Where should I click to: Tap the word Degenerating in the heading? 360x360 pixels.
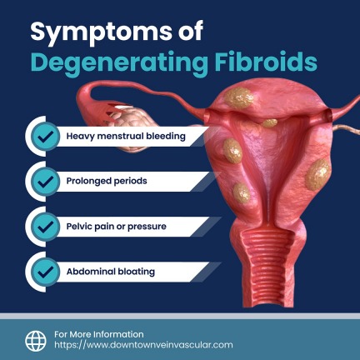click(119, 63)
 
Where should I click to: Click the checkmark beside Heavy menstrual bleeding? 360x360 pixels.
click(45, 137)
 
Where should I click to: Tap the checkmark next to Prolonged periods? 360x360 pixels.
click(45, 182)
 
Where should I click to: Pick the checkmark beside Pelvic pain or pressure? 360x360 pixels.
click(45, 227)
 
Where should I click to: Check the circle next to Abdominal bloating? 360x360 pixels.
click(45, 272)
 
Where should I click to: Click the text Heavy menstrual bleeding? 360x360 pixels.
click(126, 137)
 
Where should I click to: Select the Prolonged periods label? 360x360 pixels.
click(107, 181)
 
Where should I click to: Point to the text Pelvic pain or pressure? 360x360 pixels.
click(117, 227)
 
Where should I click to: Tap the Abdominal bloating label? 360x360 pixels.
click(111, 272)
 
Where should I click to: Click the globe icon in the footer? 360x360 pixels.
click(36, 341)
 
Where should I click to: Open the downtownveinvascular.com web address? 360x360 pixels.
click(143, 345)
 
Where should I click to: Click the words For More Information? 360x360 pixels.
click(99, 334)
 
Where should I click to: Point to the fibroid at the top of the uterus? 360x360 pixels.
click(239, 98)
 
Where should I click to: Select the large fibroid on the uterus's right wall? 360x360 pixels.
click(317, 174)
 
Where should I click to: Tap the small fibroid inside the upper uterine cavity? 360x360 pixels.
click(269, 123)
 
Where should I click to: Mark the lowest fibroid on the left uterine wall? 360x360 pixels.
click(242, 192)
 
